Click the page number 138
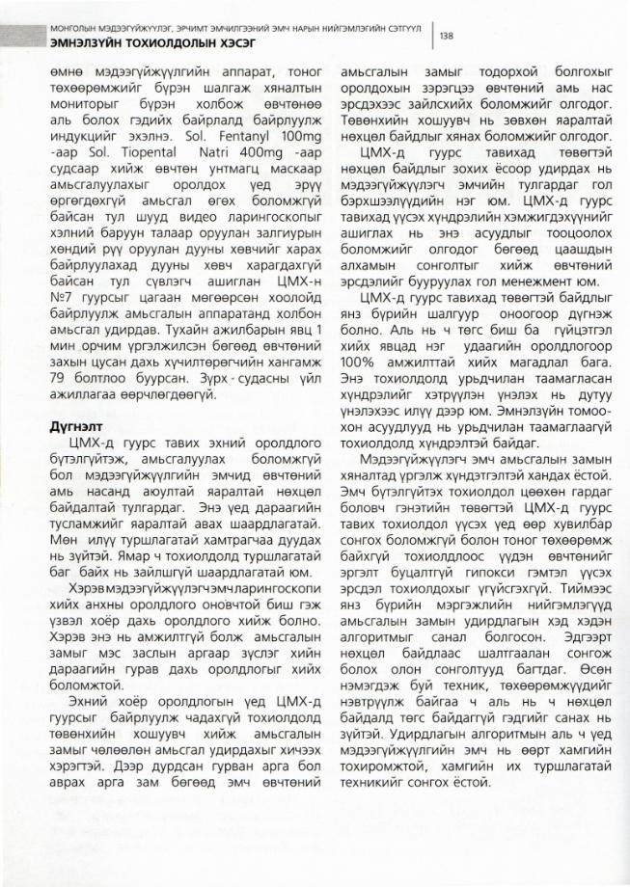pos(448,36)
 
